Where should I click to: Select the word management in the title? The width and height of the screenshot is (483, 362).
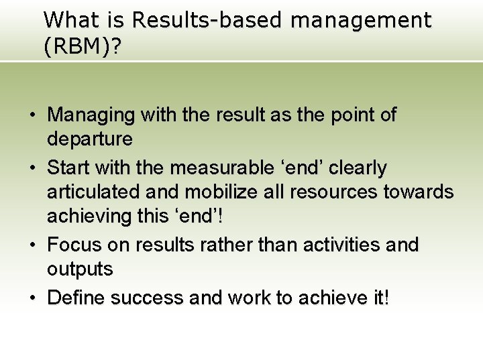tap(361, 21)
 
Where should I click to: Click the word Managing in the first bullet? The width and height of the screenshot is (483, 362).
tap(91, 115)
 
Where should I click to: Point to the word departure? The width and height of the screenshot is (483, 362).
tap(90, 139)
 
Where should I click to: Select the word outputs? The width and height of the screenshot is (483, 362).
tap(80, 269)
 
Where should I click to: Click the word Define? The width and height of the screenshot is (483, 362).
tap(76, 297)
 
